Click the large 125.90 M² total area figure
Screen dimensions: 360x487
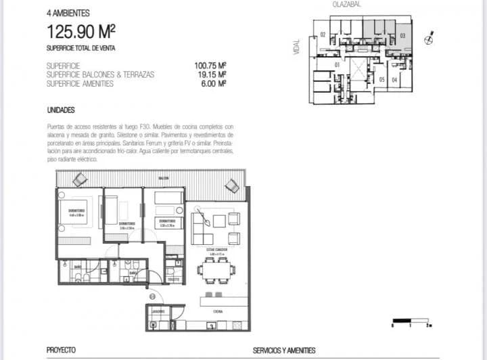tap(80, 30)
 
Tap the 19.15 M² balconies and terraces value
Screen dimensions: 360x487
tap(212, 75)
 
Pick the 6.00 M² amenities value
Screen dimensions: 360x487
tap(214, 84)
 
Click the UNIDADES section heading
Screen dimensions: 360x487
tap(61, 110)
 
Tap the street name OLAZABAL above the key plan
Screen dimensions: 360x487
tap(346, 4)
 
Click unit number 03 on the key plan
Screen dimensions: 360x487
tap(402, 35)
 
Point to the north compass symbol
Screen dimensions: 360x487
tap(427, 39)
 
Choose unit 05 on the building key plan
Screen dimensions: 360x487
tap(382, 80)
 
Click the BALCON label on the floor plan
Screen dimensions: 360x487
tap(164, 179)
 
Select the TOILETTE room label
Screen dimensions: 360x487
tap(172, 279)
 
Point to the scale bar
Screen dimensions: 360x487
tap(411, 320)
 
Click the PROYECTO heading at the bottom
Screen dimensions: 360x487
tap(61, 351)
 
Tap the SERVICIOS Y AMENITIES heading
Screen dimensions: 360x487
tap(283, 351)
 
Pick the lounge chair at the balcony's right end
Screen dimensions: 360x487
tap(232, 184)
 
